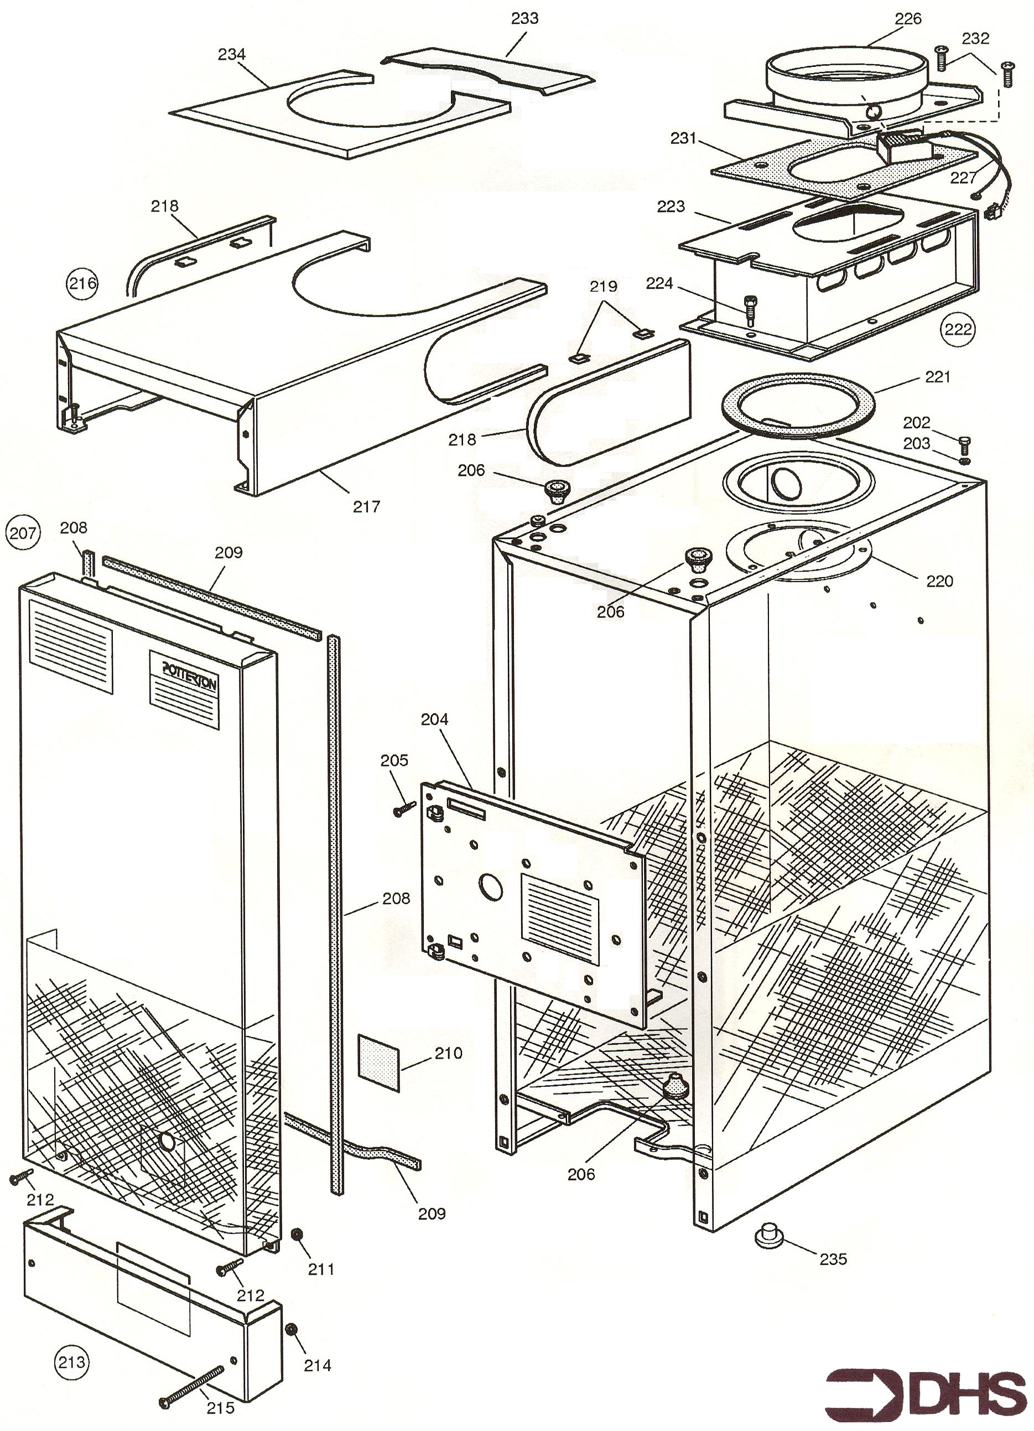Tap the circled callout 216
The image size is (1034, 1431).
[82, 283]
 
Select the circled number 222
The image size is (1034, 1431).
[957, 329]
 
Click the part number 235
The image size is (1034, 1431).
[833, 1259]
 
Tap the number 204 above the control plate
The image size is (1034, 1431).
[435, 719]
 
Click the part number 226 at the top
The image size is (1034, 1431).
[908, 19]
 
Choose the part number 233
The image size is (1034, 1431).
[524, 18]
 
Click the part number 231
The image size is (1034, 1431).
[683, 138]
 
